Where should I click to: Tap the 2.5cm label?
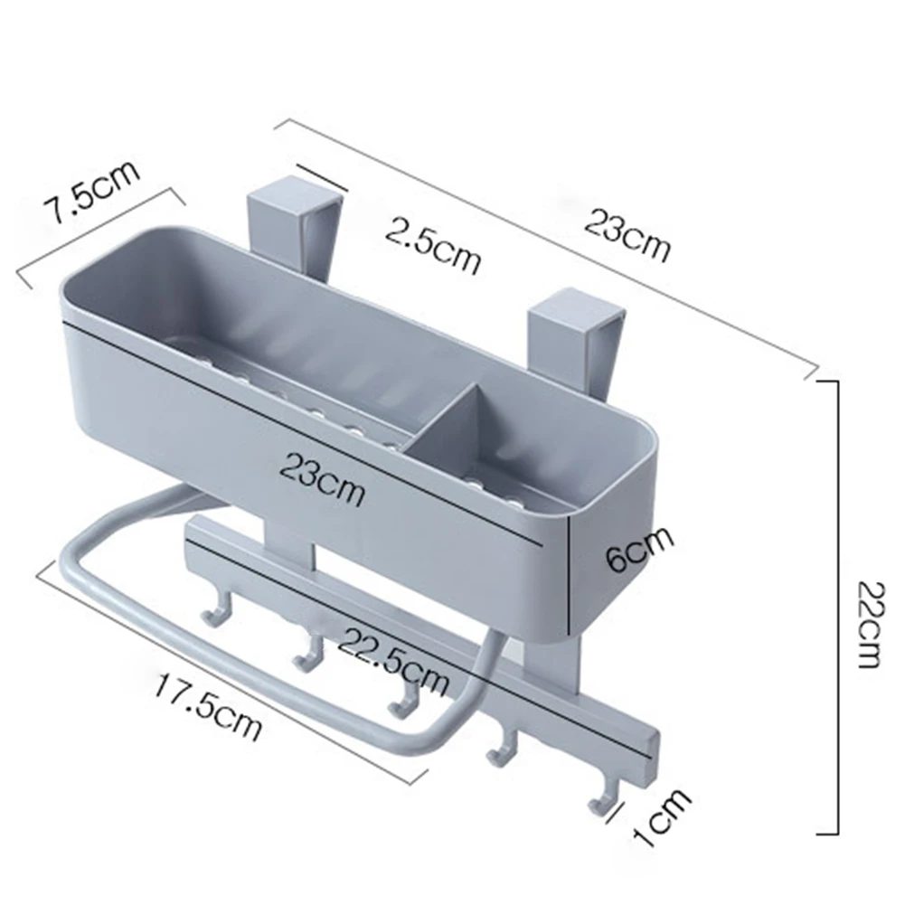point(433,245)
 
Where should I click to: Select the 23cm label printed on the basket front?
point(323,480)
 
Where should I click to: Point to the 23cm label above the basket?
point(628,235)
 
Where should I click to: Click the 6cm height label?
point(639,548)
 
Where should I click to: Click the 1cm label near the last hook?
point(662,816)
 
